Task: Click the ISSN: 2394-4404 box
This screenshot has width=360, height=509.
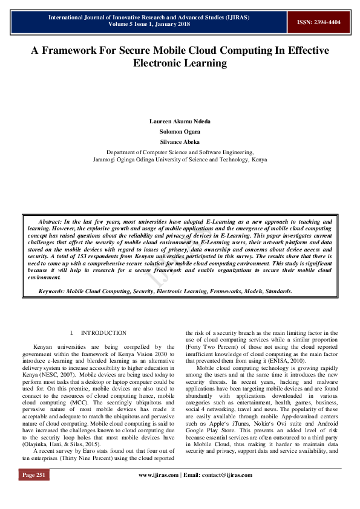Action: (x=318, y=22)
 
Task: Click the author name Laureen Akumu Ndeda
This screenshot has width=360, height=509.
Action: (x=180, y=122)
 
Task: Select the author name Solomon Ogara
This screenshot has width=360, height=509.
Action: (x=180, y=131)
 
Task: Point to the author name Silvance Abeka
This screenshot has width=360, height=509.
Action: (x=180, y=141)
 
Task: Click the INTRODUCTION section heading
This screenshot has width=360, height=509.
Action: (x=103, y=333)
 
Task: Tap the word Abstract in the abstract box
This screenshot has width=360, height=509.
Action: (x=51, y=222)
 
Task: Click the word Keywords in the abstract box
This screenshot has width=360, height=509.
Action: (x=51, y=291)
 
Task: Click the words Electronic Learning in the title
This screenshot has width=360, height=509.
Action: (x=180, y=63)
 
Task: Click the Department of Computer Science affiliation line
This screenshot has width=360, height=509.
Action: (x=180, y=152)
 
